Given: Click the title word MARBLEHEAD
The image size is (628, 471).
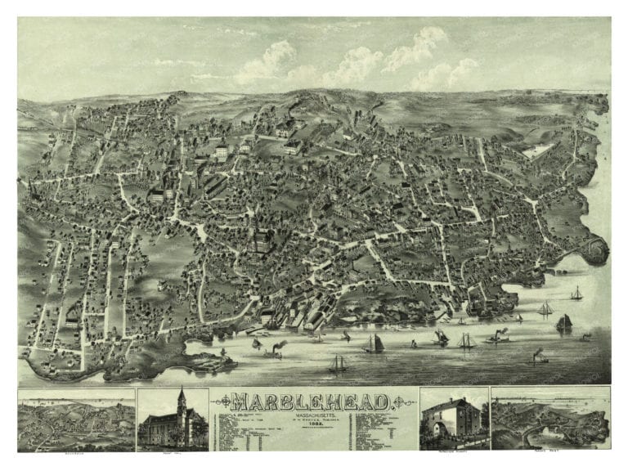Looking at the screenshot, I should click(x=314, y=401).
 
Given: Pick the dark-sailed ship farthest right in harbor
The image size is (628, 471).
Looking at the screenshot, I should click(x=563, y=323).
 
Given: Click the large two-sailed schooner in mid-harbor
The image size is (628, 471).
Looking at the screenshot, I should click(x=375, y=343).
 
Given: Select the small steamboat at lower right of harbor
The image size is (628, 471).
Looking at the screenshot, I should click(x=540, y=357).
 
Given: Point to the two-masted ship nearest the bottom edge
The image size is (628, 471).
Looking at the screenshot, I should click(x=337, y=365).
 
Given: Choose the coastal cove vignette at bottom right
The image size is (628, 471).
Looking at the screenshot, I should click(x=549, y=418).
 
